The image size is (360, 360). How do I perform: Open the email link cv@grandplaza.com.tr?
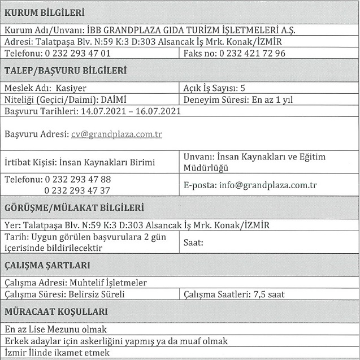pyautogui.click(x=117, y=135)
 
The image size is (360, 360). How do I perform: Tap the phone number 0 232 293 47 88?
pyautogui.click(x=77, y=180)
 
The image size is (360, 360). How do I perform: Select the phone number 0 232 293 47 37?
pyautogui.click(x=77, y=190)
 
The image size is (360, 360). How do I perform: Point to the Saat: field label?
pyautogui.click(x=193, y=242)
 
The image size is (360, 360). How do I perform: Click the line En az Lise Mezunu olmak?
pyautogui.click(x=55, y=329)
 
